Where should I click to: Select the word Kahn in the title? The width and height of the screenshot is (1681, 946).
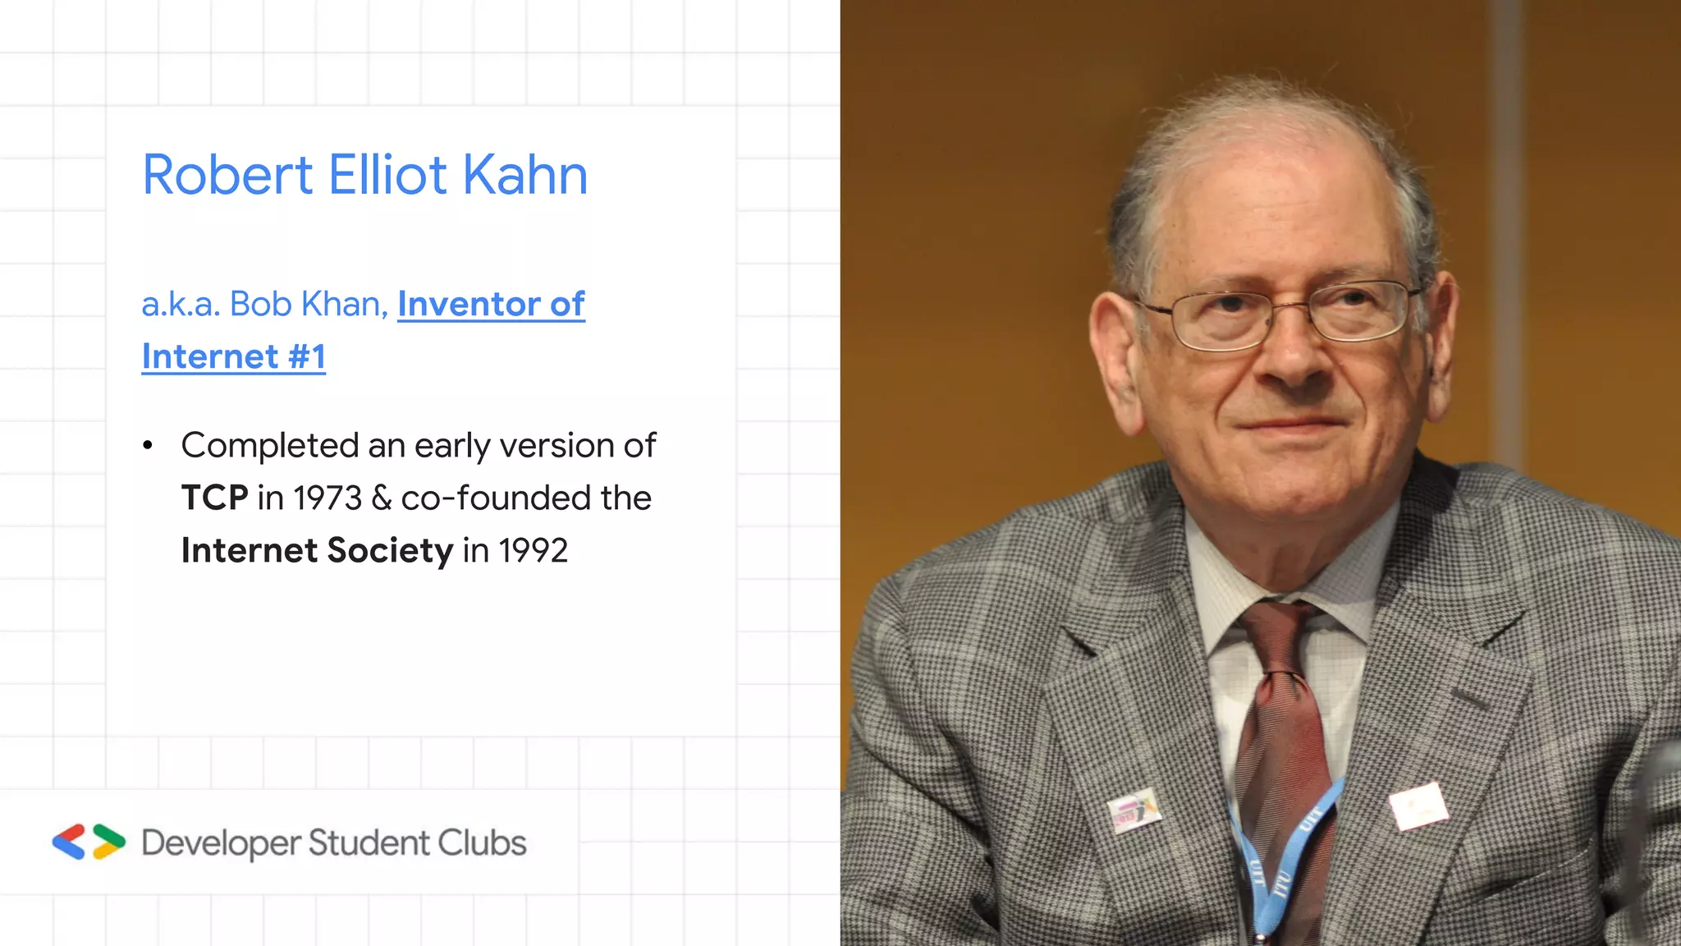point(525,175)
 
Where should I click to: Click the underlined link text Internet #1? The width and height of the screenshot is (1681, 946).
point(234,357)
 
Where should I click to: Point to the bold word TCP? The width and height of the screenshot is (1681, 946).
point(214,498)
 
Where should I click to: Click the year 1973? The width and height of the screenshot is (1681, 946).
point(327,498)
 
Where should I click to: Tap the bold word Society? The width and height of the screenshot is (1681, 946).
point(390,551)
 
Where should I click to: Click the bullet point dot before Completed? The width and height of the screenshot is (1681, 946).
point(148,446)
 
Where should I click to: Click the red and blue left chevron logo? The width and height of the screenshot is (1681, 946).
point(69,842)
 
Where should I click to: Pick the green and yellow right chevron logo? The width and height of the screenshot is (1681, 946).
point(108,842)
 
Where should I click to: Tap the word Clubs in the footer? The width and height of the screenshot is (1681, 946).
point(482,843)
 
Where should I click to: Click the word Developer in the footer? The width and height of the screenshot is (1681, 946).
point(221,844)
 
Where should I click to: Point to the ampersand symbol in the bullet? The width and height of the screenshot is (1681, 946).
point(382,498)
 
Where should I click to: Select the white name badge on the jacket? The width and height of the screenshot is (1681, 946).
point(1418,805)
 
